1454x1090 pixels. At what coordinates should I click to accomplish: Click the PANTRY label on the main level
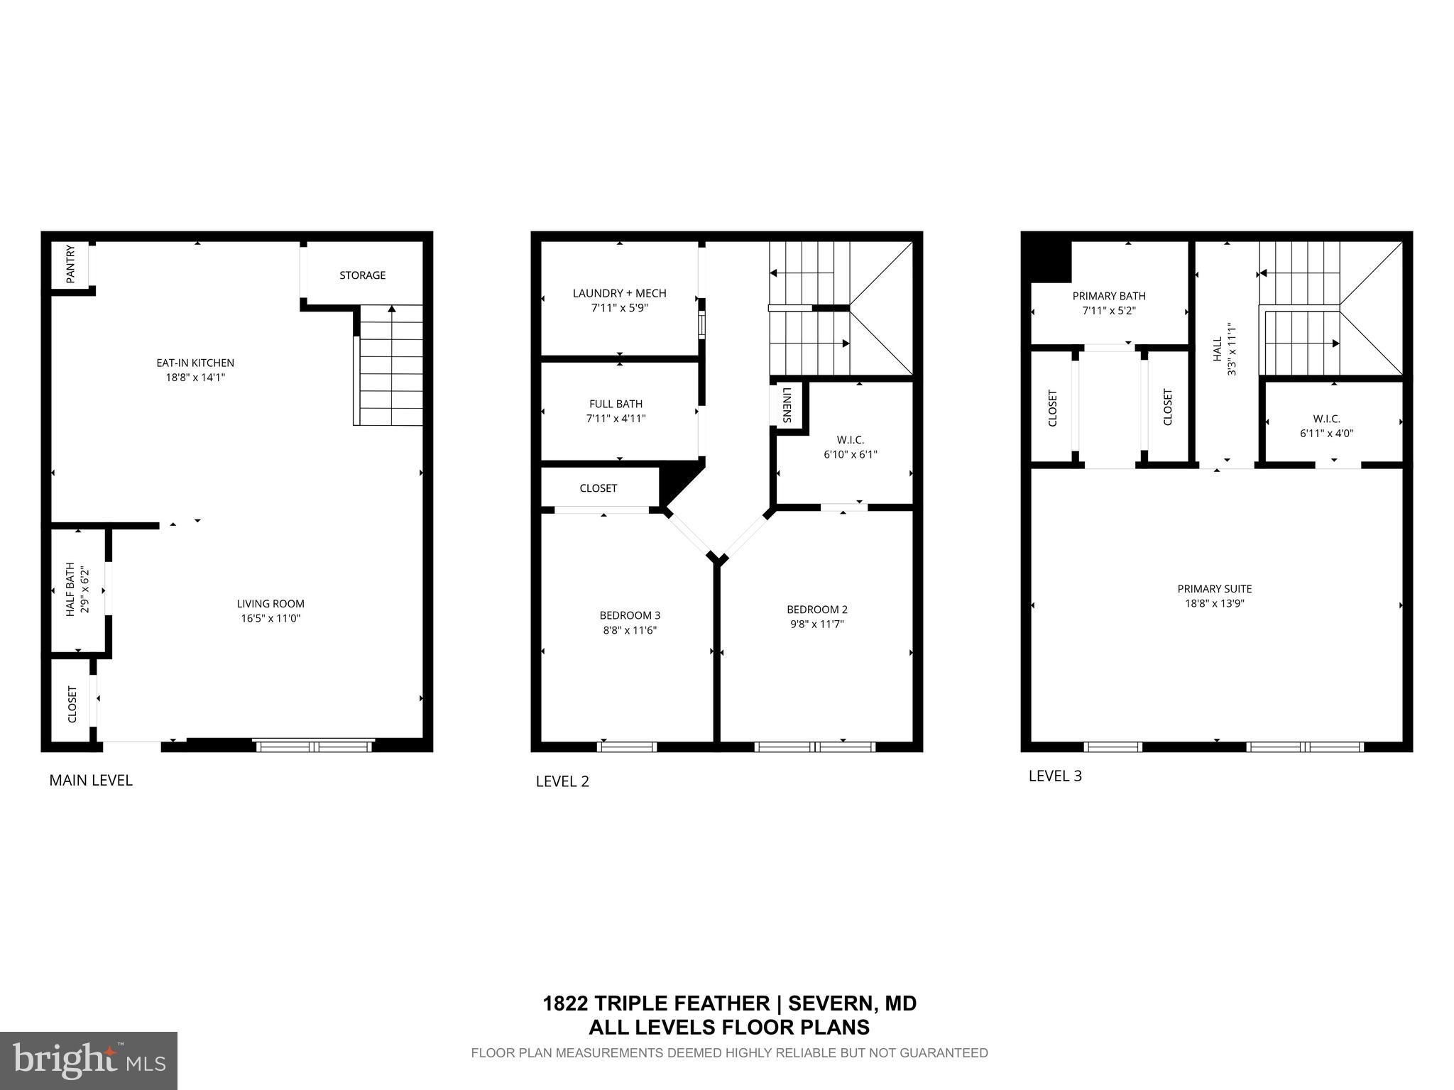tap(70, 265)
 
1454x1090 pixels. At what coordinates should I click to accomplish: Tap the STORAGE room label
tap(362, 275)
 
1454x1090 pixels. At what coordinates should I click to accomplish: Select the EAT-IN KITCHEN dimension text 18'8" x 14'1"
tap(195, 378)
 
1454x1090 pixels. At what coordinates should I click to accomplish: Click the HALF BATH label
tap(70, 589)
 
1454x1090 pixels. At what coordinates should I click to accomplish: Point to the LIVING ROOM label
tap(270, 604)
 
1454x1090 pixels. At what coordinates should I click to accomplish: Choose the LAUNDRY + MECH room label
tap(619, 293)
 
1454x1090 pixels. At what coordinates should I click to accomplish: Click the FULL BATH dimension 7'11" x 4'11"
tap(616, 419)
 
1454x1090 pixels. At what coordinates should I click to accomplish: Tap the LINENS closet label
tap(787, 405)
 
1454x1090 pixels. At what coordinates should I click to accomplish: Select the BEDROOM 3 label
tap(630, 615)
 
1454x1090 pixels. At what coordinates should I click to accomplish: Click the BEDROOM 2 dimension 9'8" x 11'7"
tap(816, 624)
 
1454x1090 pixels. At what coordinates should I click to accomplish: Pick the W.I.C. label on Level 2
tap(850, 440)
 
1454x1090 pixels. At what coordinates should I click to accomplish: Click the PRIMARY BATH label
tap(1109, 296)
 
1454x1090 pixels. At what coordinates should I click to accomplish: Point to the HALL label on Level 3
tap(1218, 349)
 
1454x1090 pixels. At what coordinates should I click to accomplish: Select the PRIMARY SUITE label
tap(1214, 589)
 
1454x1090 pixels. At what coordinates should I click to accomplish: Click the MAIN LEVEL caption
tap(91, 781)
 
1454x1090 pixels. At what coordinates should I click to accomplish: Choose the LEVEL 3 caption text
tap(1055, 776)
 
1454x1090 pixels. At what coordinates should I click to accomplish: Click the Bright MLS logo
tap(89, 1060)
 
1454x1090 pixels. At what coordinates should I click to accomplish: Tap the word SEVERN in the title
tap(829, 1003)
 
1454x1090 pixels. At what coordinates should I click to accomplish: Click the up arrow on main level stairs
tap(391, 309)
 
